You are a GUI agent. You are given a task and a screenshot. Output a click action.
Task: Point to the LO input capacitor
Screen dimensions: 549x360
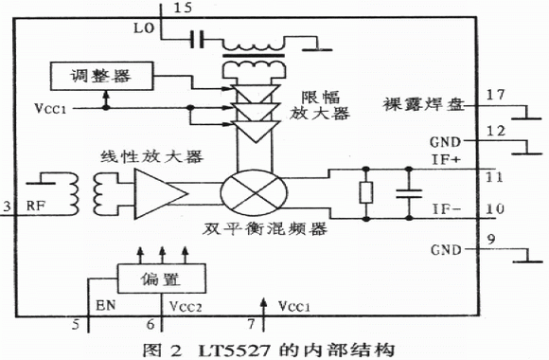tap(198, 39)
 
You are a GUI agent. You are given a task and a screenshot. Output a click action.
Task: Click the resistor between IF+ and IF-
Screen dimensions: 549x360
tap(366, 193)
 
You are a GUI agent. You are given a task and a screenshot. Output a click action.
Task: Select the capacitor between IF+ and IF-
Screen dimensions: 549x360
tap(409, 194)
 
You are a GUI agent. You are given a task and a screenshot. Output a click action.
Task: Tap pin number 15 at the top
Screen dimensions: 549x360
tap(183, 8)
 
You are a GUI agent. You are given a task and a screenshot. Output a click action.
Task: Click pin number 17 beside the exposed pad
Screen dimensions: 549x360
tap(496, 95)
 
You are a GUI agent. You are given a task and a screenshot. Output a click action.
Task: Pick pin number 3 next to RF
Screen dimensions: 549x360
tap(7, 207)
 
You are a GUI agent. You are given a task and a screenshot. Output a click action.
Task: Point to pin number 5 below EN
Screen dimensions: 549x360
tap(76, 324)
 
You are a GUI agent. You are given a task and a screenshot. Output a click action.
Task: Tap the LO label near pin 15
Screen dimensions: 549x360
tap(144, 28)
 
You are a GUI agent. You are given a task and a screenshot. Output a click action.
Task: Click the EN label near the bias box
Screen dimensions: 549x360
tap(105, 305)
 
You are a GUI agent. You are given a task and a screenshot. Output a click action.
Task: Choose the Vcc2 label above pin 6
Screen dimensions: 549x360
tap(186, 306)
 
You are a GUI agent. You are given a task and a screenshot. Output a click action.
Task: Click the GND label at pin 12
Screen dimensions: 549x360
tap(446, 142)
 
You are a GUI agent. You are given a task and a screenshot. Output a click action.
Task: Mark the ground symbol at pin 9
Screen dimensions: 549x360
tap(527, 256)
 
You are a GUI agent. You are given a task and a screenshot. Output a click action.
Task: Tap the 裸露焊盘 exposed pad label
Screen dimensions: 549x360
tap(423, 104)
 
